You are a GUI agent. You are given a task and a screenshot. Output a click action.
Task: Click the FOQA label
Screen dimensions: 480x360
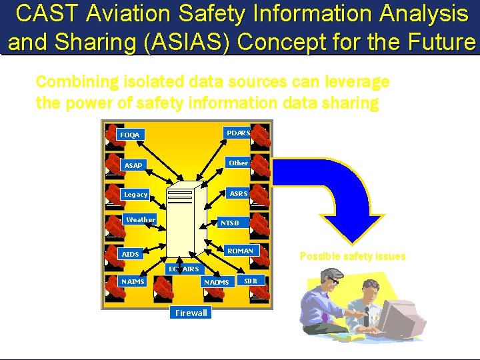coord(130,135)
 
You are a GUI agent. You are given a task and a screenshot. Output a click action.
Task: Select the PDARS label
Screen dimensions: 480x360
coord(238,133)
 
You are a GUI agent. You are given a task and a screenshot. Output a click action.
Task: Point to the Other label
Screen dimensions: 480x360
coord(238,163)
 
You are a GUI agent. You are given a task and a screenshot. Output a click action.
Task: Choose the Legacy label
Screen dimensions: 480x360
coord(136,195)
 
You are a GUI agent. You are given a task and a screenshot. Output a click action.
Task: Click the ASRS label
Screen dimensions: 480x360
coord(238,193)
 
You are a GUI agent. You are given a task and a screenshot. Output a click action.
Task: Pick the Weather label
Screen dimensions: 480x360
coord(141,220)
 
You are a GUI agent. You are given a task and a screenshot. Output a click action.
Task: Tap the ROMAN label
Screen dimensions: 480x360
coord(240,251)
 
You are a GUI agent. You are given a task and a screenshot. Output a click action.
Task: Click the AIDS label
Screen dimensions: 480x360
coord(130,255)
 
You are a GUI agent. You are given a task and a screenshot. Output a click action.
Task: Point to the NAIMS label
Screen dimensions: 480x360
coord(133,281)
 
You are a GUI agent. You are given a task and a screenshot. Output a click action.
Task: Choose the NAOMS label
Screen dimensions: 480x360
coord(216,282)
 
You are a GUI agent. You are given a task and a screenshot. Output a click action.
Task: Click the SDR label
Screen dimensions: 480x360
coord(251,280)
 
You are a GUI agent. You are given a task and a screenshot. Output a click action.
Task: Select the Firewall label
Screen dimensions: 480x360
coord(191,313)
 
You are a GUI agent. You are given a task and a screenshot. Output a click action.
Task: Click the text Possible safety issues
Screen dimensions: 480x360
coord(352,257)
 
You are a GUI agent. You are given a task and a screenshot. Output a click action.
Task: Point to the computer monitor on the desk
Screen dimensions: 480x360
coord(407,313)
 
